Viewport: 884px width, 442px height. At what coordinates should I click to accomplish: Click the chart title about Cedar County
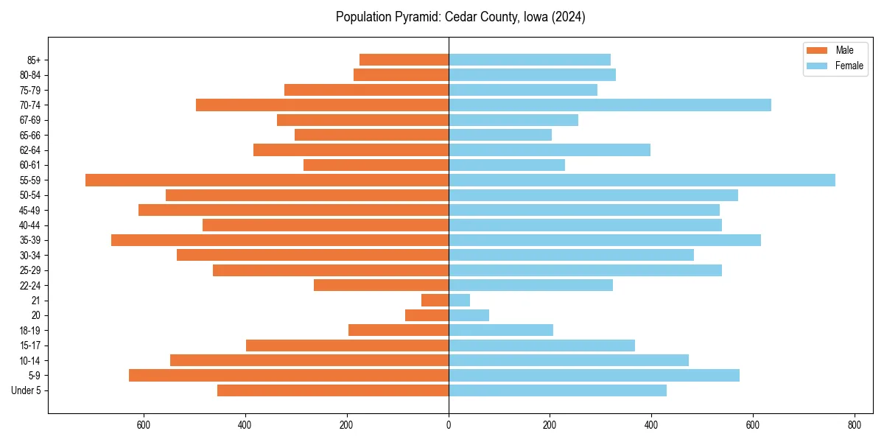(460, 17)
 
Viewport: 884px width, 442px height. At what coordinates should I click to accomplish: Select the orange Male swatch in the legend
(817, 50)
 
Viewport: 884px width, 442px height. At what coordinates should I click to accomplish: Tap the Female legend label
(849, 66)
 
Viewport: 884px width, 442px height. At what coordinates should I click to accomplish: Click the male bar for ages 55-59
(267, 180)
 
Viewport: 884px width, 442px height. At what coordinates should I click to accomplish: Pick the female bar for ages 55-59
(642, 180)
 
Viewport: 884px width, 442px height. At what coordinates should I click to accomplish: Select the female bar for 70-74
(609, 105)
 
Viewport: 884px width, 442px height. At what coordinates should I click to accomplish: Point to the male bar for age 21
(435, 300)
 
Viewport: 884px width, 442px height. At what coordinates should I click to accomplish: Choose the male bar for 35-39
(280, 240)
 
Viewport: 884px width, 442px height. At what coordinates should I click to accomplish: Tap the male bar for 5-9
(289, 375)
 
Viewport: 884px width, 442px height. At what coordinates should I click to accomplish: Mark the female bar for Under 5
(558, 390)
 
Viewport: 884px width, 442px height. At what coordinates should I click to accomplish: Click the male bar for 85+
(404, 60)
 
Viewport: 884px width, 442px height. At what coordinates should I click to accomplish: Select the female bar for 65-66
(500, 135)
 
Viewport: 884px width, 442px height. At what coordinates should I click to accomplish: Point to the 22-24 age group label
(29, 285)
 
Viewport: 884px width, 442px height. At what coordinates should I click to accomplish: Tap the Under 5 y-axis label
(27, 390)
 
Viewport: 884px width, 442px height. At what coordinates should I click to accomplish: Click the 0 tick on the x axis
(449, 424)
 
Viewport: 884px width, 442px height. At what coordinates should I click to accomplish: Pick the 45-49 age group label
(29, 210)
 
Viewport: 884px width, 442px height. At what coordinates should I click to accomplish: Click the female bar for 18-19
(501, 330)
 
